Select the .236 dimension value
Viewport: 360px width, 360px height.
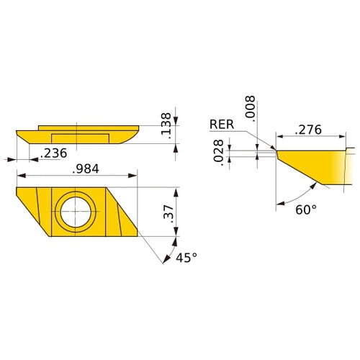point(54,152)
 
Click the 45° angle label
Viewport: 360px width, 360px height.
point(186,258)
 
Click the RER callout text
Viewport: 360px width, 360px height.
point(221,125)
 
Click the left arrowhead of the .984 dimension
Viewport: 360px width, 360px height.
point(20,175)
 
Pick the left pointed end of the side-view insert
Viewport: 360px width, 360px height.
point(17,132)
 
